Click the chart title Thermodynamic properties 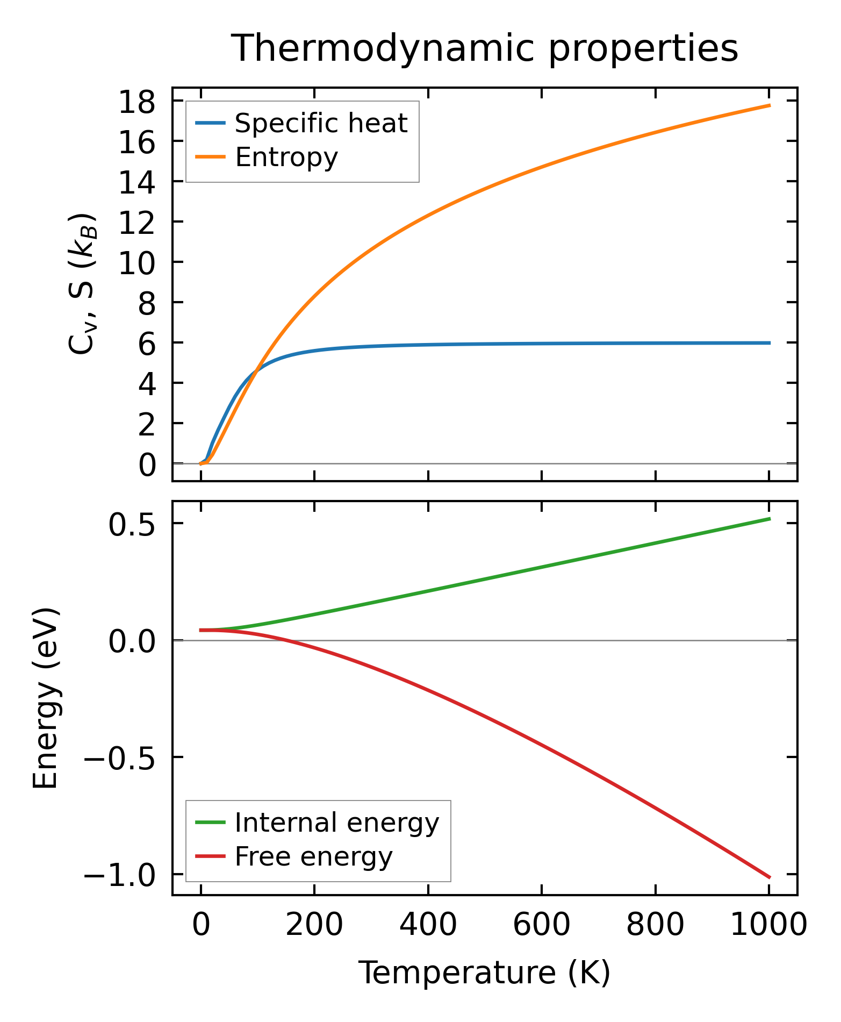(x=485, y=48)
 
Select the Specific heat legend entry (x=321, y=123)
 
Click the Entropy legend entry (x=286, y=158)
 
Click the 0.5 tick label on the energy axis (x=132, y=524)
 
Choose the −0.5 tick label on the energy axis (x=119, y=757)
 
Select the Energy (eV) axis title (x=45, y=698)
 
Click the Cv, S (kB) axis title (x=83, y=284)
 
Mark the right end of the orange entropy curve (x=770, y=105)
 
